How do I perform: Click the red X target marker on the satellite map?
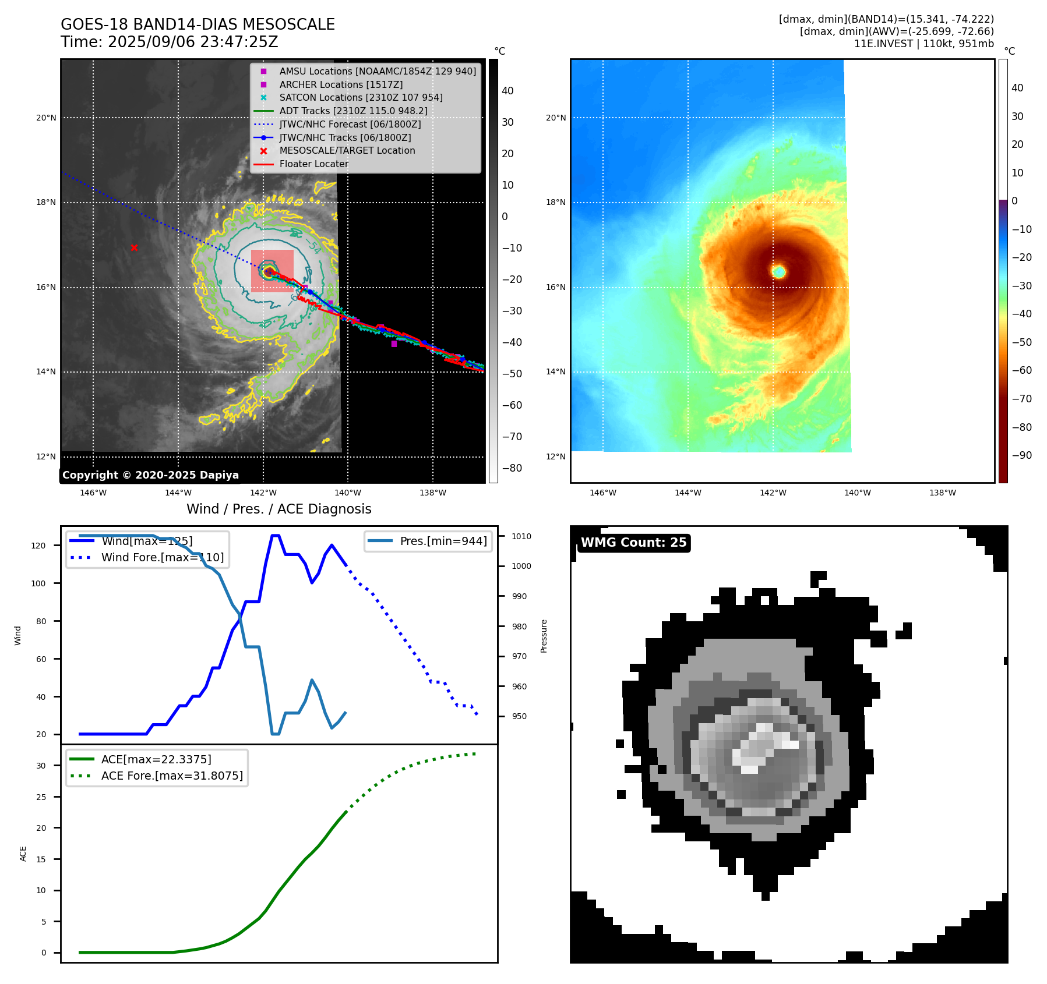pyautogui.click(x=134, y=248)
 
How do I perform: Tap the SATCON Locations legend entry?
pyautogui.click(x=361, y=97)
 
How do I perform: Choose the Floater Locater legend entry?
pyautogui.click(x=313, y=164)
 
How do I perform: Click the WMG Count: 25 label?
pyautogui.click(x=633, y=543)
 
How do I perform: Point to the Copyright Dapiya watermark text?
pyautogui.click(x=150, y=475)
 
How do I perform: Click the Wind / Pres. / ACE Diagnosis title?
pyautogui.click(x=279, y=509)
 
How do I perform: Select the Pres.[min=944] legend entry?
pyautogui.click(x=443, y=541)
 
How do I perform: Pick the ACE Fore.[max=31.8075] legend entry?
pyautogui.click(x=172, y=776)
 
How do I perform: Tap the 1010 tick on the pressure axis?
pyautogui.click(x=521, y=536)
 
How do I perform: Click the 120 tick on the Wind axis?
pyautogui.click(x=38, y=546)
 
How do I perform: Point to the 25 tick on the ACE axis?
pyautogui.click(x=41, y=797)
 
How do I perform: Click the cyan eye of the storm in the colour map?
pyautogui.click(x=779, y=271)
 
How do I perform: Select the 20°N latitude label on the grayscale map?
pyautogui.click(x=47, y=118)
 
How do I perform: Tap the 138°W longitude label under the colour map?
pyautogui.click(x=943, y=493)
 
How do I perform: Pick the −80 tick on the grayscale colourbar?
pyautogui.click(x=512, y=468)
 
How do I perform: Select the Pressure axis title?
pyautogui.click(x=544, y=636)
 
